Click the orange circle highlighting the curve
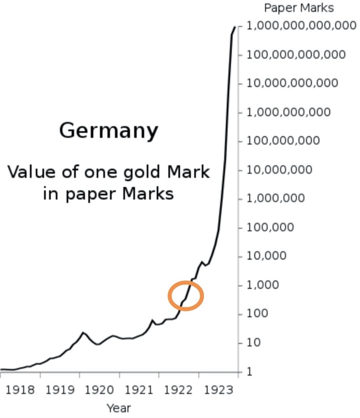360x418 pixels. [186, 296]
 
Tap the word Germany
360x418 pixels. [109, 130]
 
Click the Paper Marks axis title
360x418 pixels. [299, 8]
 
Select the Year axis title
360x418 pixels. [119, 408]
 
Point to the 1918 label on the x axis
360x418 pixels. [21, 389]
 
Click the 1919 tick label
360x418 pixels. [61, 389]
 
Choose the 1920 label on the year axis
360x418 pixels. [100, 389]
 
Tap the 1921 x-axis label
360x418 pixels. [139, 389]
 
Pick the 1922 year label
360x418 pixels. [178, 389]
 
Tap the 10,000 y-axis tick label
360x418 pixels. [267, 256]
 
